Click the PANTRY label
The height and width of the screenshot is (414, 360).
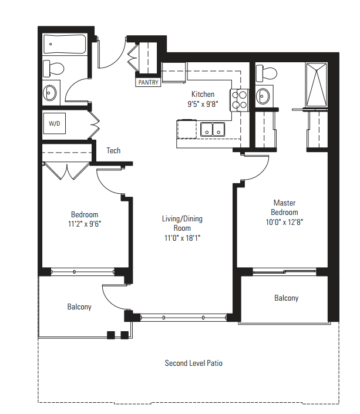(x=148, y=83)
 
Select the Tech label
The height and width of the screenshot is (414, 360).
(x=113, y=151)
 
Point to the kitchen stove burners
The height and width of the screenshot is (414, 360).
(x=240, y=99)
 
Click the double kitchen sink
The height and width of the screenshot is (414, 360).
(x=213, y=129)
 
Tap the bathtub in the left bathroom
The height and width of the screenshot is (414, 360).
(x=65, y=45)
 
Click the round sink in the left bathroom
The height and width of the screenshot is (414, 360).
(x=51, y=92)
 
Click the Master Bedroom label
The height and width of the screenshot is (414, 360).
(x=284, y=207)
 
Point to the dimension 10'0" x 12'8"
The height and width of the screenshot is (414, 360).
(x=284, y=221)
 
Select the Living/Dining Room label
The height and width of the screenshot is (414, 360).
(x=182, y=223)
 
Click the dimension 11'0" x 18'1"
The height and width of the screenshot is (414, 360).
(x=182, y=238)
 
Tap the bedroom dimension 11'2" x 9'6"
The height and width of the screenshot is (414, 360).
(x=85, y=224)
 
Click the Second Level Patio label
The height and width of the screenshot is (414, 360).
(x=193, y=363)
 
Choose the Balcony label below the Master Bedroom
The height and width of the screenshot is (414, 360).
(x=286, y=298)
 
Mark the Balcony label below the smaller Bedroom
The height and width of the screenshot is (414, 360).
(x=79, y=307)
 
